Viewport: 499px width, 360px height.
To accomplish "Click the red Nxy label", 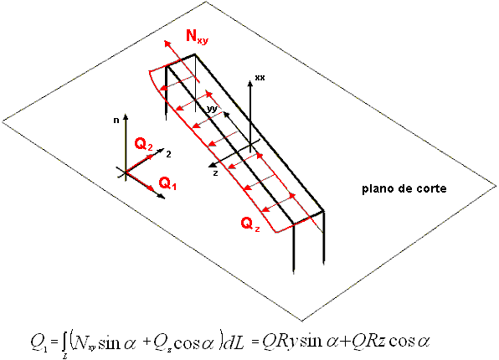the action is click(197, 36).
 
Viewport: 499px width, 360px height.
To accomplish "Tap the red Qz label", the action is click(250, 224).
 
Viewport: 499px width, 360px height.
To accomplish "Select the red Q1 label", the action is click(167, 183).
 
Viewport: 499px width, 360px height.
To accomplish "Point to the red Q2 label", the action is click(143, 145).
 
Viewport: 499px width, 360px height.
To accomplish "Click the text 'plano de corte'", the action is click(404, 188).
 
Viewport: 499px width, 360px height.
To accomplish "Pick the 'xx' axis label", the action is click(260, 77).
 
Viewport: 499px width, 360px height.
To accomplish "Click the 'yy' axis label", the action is click(212, 109).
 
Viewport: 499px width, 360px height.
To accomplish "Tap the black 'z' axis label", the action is click(215, 173).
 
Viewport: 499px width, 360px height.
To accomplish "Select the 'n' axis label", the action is click(116, 121).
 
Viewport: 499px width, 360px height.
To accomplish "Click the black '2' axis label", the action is click(168, 154).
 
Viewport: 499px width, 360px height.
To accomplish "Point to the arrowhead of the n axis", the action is click(126, 116).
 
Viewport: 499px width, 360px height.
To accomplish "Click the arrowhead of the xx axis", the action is click(250, 84).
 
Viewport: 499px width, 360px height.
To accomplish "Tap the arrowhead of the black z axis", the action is click(211, 165).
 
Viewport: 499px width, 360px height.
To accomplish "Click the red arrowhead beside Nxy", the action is click(167, 43).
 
